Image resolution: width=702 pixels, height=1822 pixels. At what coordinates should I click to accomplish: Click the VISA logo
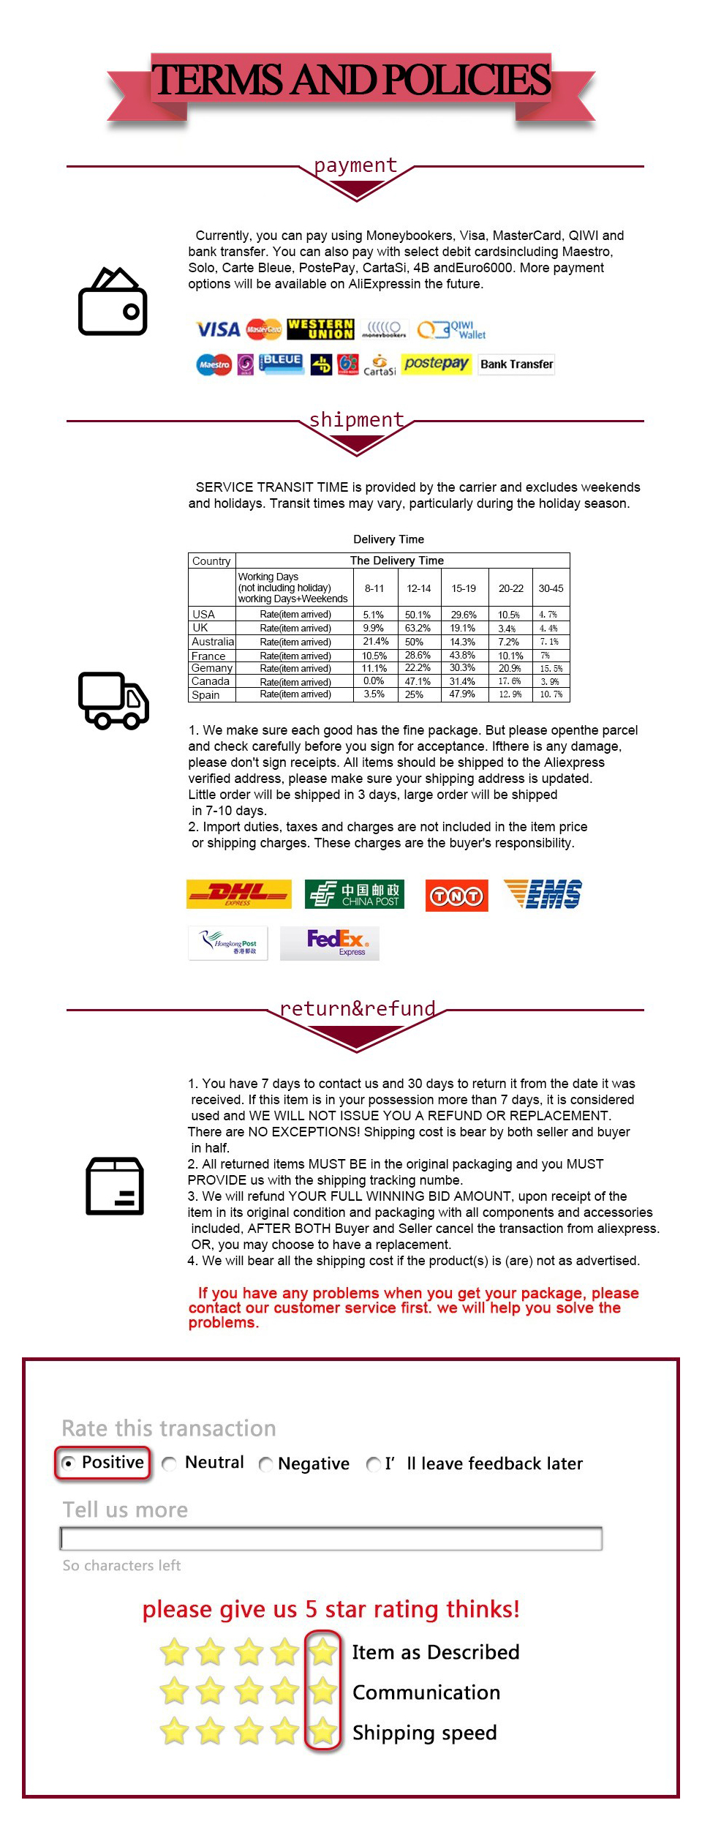click(217, 329)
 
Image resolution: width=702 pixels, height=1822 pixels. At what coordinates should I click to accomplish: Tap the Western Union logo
click(320, 329)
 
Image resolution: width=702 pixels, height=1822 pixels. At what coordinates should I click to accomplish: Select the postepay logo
click(436, 364)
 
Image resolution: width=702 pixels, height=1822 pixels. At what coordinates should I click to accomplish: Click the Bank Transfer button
click(516, 364)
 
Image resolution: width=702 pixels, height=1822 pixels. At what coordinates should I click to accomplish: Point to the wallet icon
click(113, 301)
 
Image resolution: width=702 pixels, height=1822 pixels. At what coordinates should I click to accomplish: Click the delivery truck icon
click(113, 700)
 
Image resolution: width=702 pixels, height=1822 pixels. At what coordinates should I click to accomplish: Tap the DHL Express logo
click(238, 893)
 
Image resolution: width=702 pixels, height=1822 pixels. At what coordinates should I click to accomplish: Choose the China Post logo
click(354, 893)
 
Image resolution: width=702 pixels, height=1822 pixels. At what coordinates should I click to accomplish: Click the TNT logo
click(456, 895)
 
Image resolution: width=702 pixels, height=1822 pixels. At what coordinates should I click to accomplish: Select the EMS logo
click(543, 894)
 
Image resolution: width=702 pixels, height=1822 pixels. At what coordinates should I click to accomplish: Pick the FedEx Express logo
click(330, 942)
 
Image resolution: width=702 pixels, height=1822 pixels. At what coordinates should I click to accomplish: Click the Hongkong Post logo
click(228, 942)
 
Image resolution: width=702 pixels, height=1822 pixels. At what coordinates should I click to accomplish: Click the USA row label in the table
click(204, 615)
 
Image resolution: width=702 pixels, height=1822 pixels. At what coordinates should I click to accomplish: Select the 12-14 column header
click(419, 588)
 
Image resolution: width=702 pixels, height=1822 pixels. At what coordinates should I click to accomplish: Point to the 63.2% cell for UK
click(418, 628)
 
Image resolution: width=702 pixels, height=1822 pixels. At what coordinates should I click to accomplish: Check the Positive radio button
click(69, 1463)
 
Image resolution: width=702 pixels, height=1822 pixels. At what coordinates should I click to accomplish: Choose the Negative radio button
click(266, 1463)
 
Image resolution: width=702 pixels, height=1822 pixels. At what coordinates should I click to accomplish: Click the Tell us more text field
click(331, 1538)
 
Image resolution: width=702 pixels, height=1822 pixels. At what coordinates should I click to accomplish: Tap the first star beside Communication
click(174, 1691)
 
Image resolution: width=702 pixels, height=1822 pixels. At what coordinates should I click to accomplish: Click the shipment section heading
click(356, 419)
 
